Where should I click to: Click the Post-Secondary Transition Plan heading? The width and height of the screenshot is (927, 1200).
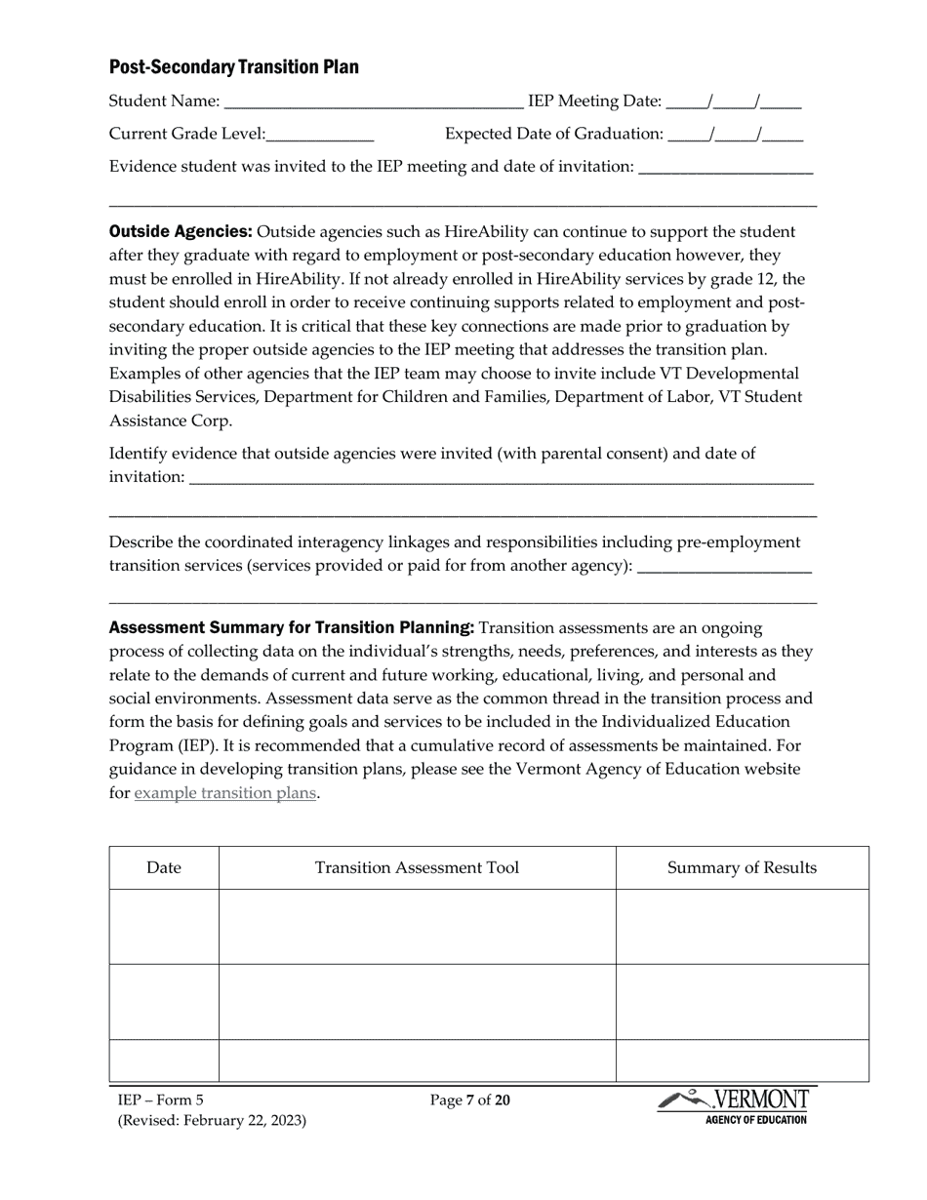point(233,67)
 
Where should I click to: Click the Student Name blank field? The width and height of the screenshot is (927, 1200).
point(373,102)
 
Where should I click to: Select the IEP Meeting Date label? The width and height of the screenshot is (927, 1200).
point(594,101)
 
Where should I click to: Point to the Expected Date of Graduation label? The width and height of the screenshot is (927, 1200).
point(553,134)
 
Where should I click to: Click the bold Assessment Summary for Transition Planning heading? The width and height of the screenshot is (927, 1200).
point(292,627)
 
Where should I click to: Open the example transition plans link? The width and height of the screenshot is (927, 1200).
point(224,793)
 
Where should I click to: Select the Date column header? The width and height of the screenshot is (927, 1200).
point(164,868)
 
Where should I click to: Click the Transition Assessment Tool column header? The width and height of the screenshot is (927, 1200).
point(417,868)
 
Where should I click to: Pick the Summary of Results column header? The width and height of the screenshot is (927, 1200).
point(742,868)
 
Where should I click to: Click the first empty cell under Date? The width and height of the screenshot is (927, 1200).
point(164,927)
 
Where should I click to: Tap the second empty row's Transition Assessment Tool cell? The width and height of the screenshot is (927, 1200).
point(417,1002)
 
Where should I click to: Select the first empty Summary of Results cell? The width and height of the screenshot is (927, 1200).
point(742,927)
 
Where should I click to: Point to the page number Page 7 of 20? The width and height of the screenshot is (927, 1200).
point(469,1101)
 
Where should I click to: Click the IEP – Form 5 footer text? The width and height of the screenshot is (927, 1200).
point(160,1101)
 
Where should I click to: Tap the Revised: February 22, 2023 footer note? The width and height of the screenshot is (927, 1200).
point(212,1121)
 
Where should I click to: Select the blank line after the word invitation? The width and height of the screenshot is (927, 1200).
point(501,477)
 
